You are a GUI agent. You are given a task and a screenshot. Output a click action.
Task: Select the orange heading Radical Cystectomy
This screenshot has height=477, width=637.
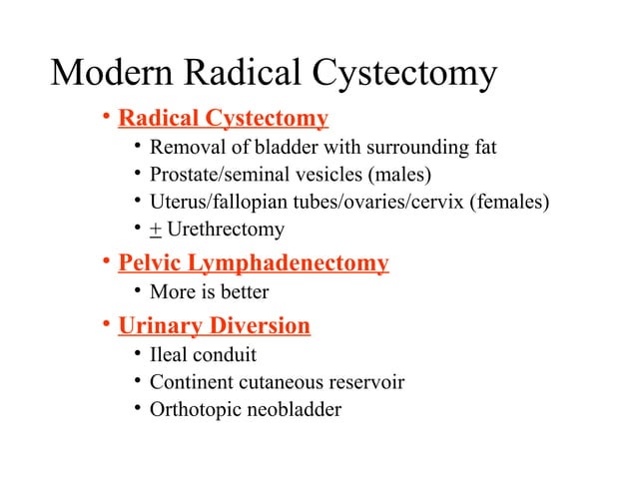[x=223, y=121]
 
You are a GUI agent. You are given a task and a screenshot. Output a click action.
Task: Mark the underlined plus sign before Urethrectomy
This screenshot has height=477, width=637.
[x=156, y=231]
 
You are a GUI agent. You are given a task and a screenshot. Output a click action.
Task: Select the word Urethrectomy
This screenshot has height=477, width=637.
[x=226, y=231]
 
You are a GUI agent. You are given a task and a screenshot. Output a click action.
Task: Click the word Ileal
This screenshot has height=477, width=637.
[x=171, y=354]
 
